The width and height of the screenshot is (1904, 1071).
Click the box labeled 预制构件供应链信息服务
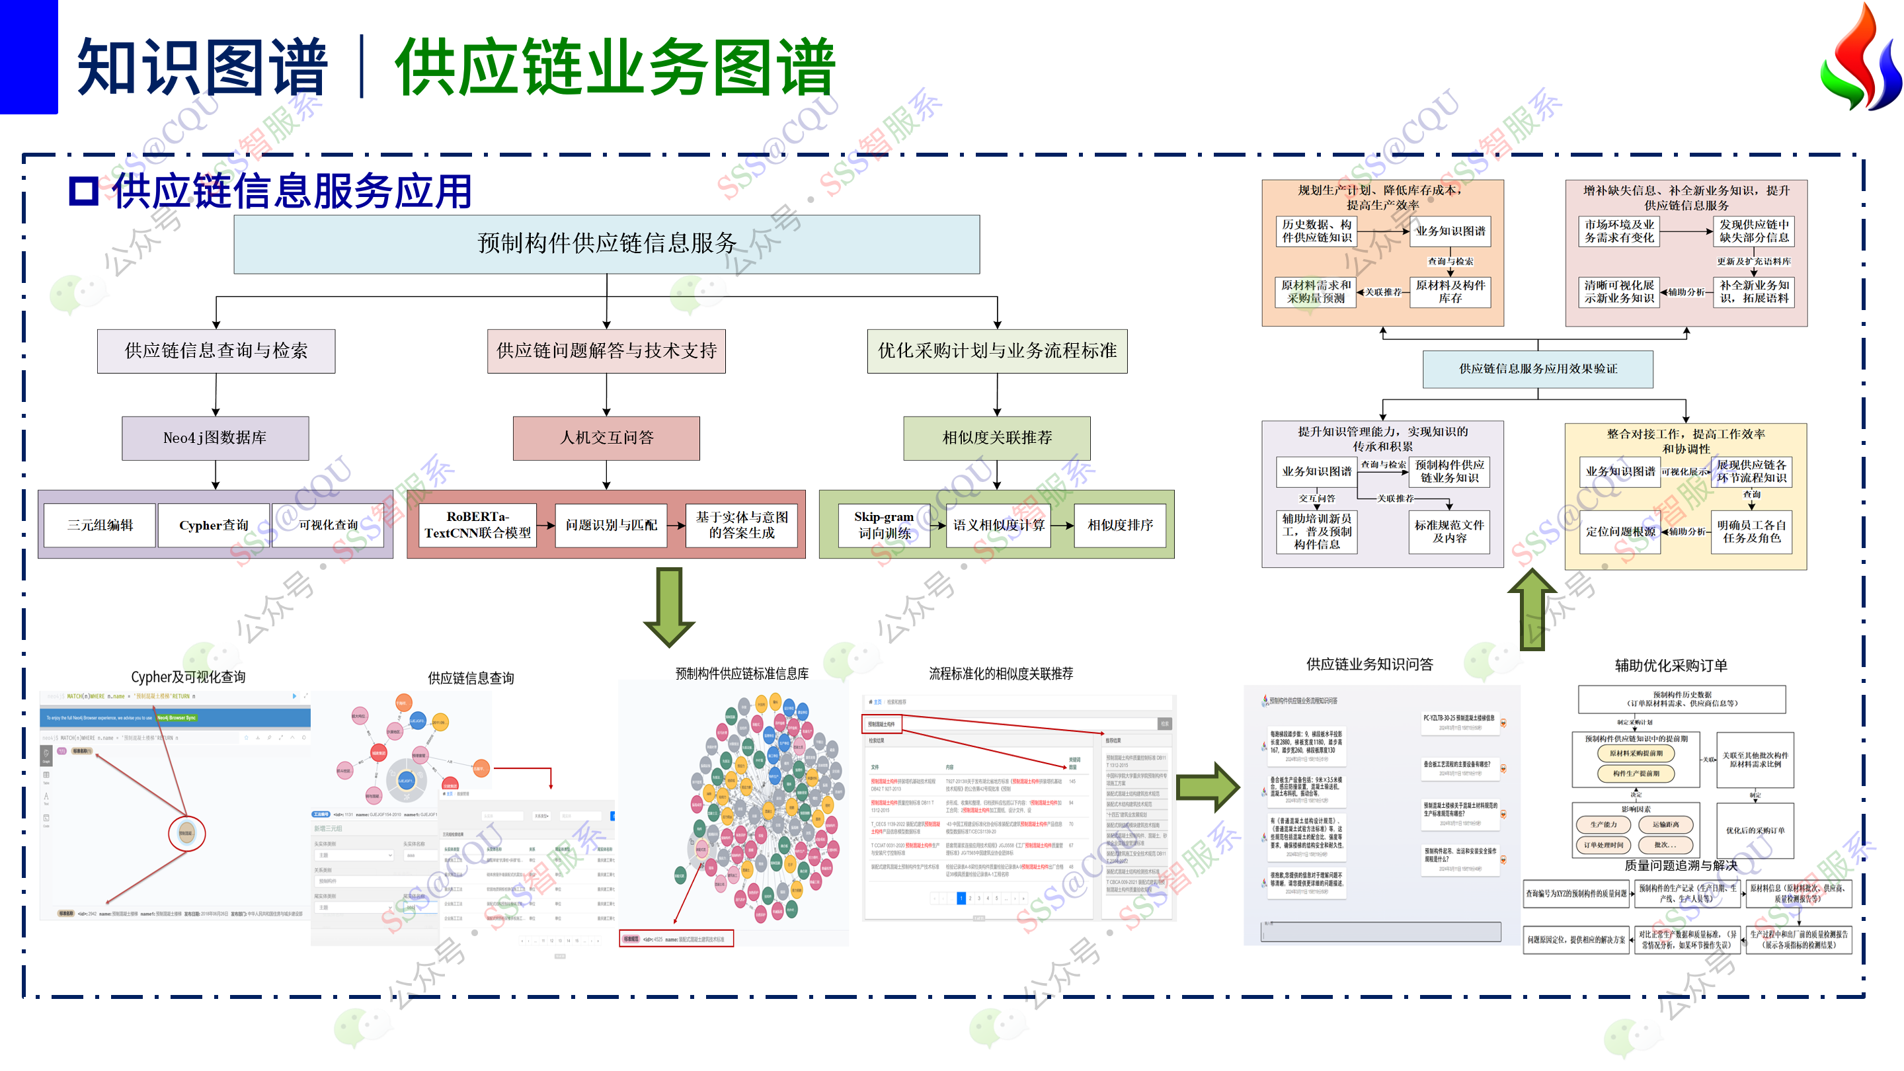pyautogui.click(x=606, y=244)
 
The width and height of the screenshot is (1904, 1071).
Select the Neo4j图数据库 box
pyautogui.click(x=215, y=438)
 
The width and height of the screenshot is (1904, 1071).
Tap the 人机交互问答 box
pyautogui.click(x=606, y=438)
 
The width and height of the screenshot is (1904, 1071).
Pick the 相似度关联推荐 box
pyautogui.click(x=996, y=438)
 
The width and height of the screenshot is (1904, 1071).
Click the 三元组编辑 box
pyautogui.click(x=100, y=525)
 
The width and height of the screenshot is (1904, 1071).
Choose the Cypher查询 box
pyautogui.click(x=214, y=525)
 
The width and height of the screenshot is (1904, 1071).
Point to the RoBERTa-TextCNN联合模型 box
pyautogui.click(x=477, y=525)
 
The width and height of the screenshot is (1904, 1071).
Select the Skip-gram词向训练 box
pyautogui.click(x=884, y=525)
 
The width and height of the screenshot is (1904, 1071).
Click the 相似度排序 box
pyautogui.click(x=1120, y=525)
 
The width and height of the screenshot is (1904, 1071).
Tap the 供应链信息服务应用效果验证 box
pyautogui.click(x=1537, y=368)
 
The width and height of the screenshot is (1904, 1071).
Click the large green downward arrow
pyautogui.click(x=669, y=606)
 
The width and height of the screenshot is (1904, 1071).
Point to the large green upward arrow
pyautogui.click(x=1532, y=610)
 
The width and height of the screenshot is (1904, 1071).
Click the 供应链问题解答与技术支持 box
pyautogui.click(x=606, y=350)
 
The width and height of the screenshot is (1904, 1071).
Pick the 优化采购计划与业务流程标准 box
pyautogui.click(x=996, y=350)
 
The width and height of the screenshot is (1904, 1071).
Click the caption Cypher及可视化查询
pyautogui.click(x=188, y=676)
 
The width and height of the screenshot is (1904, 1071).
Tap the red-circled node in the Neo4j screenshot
pyautogui.click(x=186, y=833)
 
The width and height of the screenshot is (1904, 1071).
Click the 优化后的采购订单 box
pyautogui.click(x=1755, y=830)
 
